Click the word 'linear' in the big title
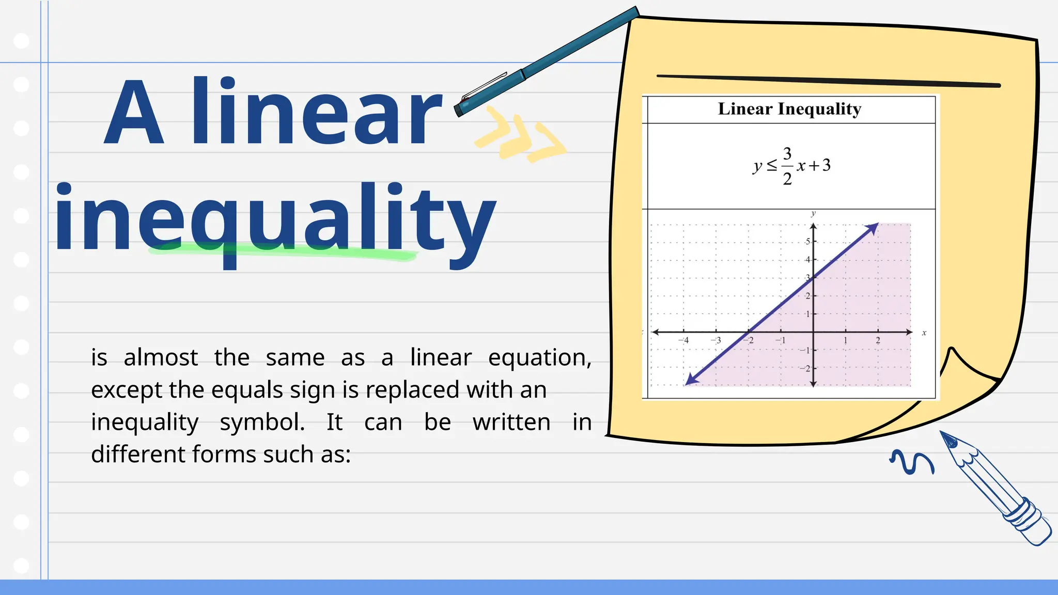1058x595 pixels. pos(316,111)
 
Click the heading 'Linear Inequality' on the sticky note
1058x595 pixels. pos(789,109)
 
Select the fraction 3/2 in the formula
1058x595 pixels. pos(787,166)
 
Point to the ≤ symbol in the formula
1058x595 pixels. pos(771,165)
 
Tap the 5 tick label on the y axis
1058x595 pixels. pos(807,241)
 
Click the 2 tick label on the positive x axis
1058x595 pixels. pos(878,340)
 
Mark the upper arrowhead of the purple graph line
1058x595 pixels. pos(873,228)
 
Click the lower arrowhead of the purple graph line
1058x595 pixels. pos(691,380)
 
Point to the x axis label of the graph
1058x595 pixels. pos(924,333)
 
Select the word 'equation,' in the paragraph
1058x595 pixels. pos(539,357)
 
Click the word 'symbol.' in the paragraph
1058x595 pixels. pos(262,422)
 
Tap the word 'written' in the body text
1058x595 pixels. pos(511,422)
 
